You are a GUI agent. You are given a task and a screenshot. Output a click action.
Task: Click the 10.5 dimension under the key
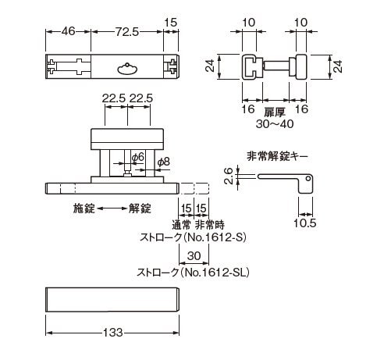click(306, 223)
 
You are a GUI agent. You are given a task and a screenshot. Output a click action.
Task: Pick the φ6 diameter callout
click(137, 158)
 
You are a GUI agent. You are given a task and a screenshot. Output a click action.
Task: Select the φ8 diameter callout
click(163, 162)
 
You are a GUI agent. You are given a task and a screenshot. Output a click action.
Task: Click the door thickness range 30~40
click(276, 123)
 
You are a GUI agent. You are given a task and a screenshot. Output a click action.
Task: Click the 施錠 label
click(85, 209)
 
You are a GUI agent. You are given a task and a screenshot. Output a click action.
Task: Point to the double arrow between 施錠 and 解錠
click(112, 209)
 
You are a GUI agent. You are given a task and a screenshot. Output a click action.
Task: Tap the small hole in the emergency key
click(309, 180)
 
